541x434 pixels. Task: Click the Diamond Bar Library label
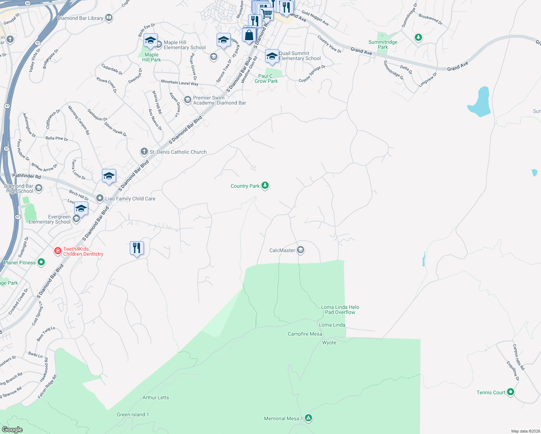80,18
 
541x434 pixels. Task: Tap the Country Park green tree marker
265,186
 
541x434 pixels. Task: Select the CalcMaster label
282,250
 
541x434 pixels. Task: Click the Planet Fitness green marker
41,262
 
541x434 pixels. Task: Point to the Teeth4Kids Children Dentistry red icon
57,251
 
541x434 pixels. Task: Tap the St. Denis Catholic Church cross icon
144,152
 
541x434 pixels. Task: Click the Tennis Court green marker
511,392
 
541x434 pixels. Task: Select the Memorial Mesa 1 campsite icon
308,418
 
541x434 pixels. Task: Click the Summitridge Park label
383,44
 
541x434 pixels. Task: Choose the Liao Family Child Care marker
100,198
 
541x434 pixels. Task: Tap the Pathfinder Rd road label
26,176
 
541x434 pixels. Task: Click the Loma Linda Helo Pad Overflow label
340,310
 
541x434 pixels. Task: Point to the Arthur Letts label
156,397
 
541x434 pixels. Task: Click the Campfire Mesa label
305,334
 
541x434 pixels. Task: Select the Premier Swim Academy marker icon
187,100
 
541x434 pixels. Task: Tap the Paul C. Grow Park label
266,78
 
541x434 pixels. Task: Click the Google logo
12,429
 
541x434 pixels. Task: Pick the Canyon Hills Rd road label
518,357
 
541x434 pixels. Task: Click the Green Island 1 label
133,414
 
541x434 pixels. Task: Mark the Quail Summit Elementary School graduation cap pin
272,56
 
